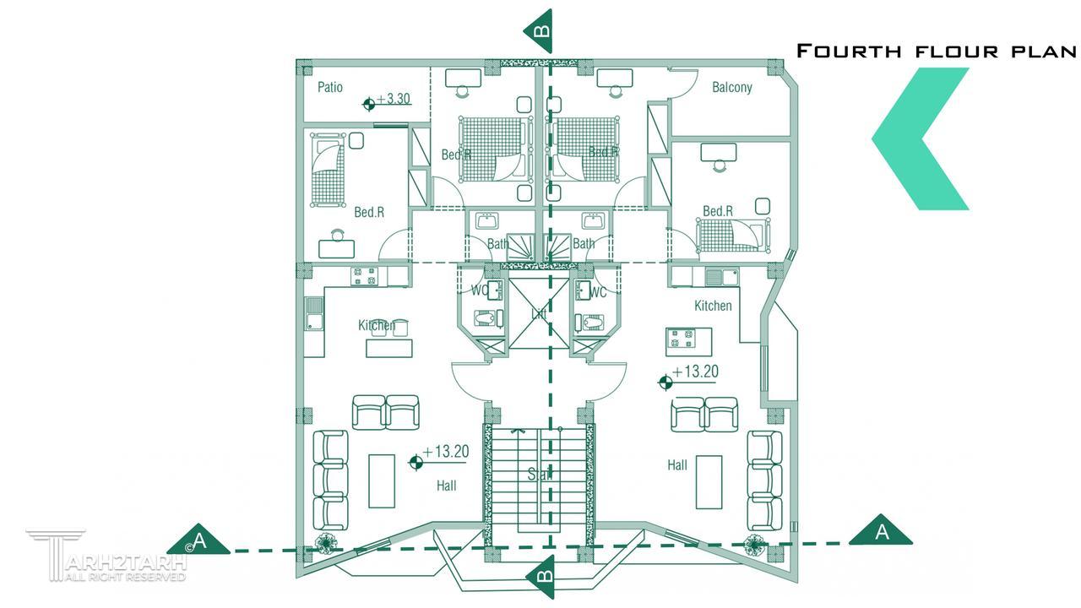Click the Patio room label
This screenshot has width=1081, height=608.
point(330,87)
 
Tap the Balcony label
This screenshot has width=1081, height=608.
point(731,87)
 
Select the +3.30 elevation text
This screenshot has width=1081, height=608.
point(394,99)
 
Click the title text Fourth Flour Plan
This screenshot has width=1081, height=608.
point(937,51)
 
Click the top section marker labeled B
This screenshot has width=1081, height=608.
point(540,31)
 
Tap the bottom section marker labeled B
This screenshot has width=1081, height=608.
point(540,578)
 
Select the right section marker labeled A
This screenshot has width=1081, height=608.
point(881,533)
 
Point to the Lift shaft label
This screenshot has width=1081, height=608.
point(539,314)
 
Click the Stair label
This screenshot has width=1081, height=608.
point(539,475)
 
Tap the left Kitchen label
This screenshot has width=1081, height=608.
point(377,325)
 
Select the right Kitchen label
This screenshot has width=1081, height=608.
point(713,306)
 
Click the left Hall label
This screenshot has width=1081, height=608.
point(446,486)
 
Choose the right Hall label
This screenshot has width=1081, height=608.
point(677,464)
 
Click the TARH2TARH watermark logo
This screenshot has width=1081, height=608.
point(106,557)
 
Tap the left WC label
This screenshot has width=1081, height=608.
point(479,292)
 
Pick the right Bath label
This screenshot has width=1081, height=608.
point(584,243)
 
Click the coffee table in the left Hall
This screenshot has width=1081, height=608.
point(382,481)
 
